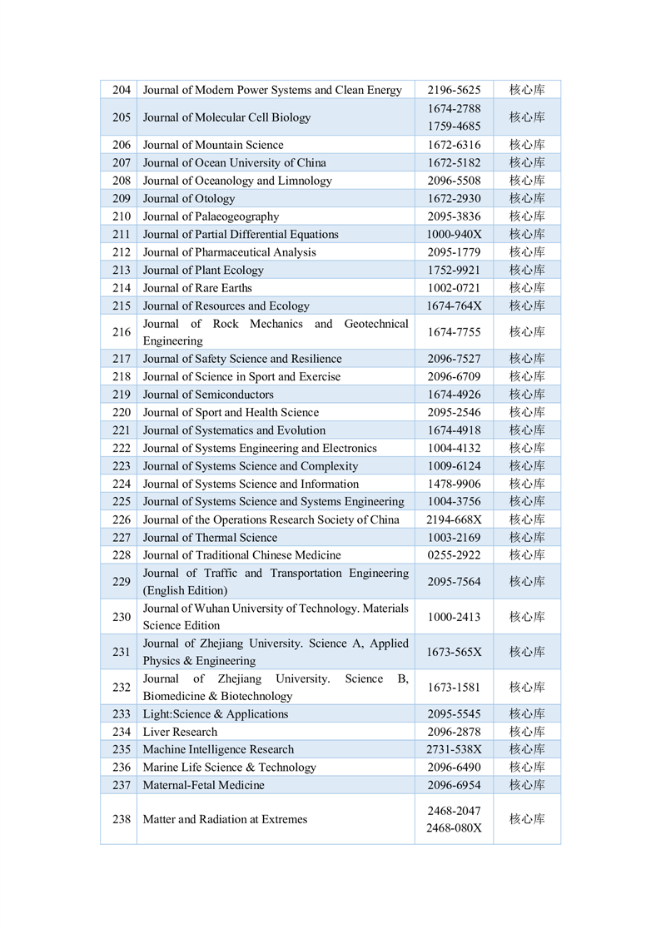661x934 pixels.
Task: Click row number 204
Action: (122, 90)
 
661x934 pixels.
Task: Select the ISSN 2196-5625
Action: (454, 90)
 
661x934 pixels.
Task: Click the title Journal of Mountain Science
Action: (213, 145)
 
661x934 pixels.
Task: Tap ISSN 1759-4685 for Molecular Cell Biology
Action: (454, 127)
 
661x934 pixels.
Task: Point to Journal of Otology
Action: (189, 198)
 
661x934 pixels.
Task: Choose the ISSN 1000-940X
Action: (454, 234)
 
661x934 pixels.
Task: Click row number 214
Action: (122, 288)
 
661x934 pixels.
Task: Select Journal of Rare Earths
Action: (197, 288)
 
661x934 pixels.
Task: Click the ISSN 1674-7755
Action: (454, 332)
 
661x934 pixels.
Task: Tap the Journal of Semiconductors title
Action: (208, 395)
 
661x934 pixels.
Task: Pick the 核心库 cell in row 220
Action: (527, 412)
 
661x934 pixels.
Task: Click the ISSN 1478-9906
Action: (454, 484)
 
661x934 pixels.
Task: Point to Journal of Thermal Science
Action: (210, 537)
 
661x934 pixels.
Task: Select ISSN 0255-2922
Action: (454, 555)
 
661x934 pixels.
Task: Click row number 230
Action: (122, 617)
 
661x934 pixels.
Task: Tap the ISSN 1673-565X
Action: (454, 652)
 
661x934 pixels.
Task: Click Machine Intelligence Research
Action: (218, 749)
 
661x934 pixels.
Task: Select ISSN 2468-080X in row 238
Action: (454, 828)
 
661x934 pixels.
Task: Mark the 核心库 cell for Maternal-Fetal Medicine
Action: (527, 785)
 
